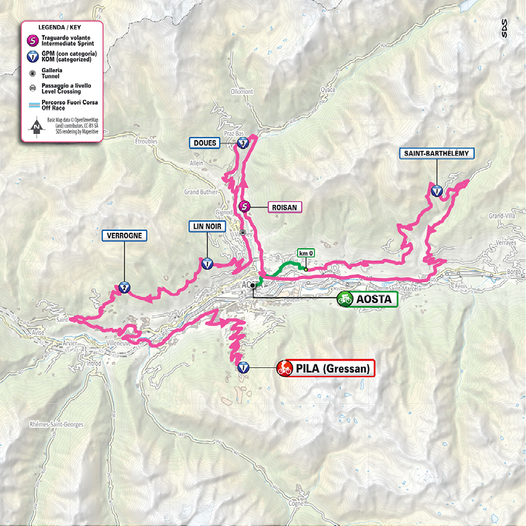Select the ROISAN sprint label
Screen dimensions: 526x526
coord(283,207)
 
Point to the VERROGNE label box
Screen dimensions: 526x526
coord(124,236)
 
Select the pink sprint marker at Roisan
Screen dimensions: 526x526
coord(244,207)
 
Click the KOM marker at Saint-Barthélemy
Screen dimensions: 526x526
coord(436,191)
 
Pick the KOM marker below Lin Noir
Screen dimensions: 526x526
coord(207,264)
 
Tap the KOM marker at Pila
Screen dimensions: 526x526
coord(243,368)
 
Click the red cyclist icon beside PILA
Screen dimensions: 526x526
coord(285,369)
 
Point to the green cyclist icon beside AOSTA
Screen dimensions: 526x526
coord(344,299)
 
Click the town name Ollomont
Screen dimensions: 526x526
coord(241,91)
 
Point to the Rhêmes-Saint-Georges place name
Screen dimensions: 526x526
coord(52,425)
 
